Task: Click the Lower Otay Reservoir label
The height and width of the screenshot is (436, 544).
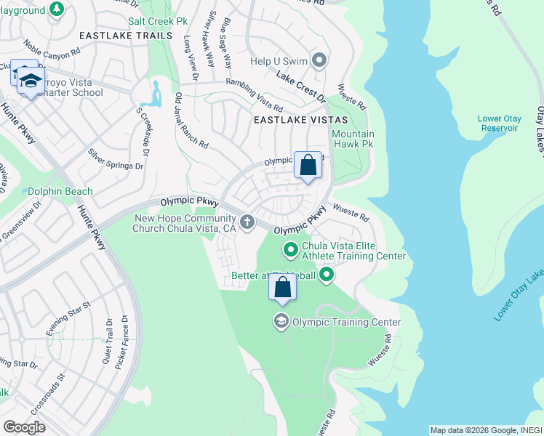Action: tap(498, 123)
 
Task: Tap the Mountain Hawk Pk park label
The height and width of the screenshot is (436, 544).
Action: tap(353, 140)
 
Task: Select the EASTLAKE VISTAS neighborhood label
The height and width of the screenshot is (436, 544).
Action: tap(300, 119)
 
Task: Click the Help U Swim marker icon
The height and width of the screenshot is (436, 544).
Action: tap(319, 60)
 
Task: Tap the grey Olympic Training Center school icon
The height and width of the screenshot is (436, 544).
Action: tap(281, 321)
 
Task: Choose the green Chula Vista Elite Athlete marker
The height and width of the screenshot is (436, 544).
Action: tap(291, 250)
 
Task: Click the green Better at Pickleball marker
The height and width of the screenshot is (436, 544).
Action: tap(327, 274)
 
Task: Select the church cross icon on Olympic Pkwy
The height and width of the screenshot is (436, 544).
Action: tap(247, 222)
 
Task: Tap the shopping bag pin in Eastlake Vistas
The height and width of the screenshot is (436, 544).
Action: tap(308, 165)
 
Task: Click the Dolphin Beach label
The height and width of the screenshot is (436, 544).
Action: tap(60, 192)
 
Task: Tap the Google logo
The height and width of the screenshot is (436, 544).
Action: tap(24, 427)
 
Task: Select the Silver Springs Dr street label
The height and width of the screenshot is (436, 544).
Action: tap(116, 160)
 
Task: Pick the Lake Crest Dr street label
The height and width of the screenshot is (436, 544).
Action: tap(299, 84)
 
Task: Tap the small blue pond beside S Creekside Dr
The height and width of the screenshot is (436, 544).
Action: tap(156, 94)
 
